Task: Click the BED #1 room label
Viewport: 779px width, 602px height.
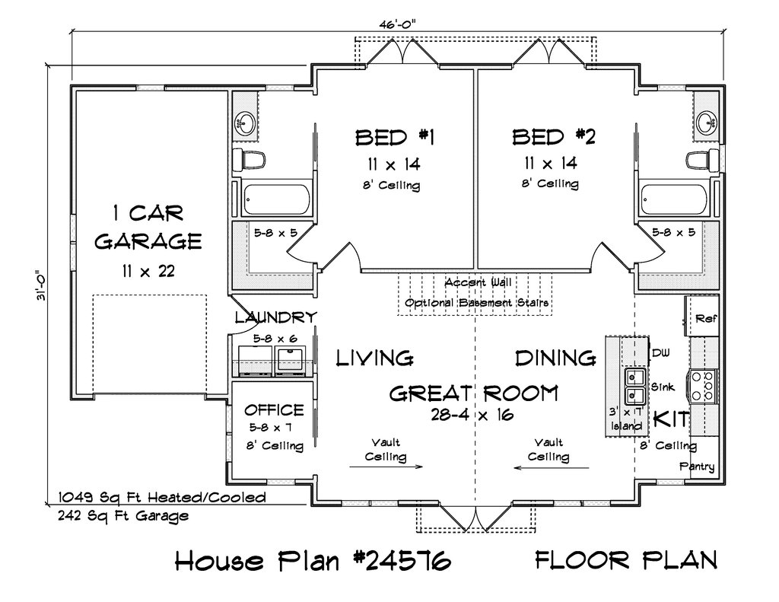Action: [395, 137]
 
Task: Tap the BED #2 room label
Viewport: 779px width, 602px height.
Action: [554, 137]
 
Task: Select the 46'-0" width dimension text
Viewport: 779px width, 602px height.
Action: [396, 24]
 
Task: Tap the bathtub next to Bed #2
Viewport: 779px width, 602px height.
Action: [674, 199]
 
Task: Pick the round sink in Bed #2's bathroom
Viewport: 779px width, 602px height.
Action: [706, 121]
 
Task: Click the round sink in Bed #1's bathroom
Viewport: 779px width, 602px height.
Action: [245, 122]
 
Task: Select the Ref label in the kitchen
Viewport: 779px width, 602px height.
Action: [705, 318]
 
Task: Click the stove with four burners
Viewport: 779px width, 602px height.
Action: [702, 386]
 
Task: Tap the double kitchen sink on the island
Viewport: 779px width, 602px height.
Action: [634, 387]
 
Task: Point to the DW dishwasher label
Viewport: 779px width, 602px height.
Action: [660, 353]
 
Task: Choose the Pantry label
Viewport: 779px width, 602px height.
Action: [697, 467]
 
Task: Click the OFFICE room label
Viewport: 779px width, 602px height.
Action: [274, 409]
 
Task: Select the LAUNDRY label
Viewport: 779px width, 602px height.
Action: [275, 317]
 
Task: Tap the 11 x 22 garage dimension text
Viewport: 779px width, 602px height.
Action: [148, 272]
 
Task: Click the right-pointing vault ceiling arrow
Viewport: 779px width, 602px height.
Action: [386, 467]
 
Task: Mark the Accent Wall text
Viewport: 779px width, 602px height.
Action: [478, 282]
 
